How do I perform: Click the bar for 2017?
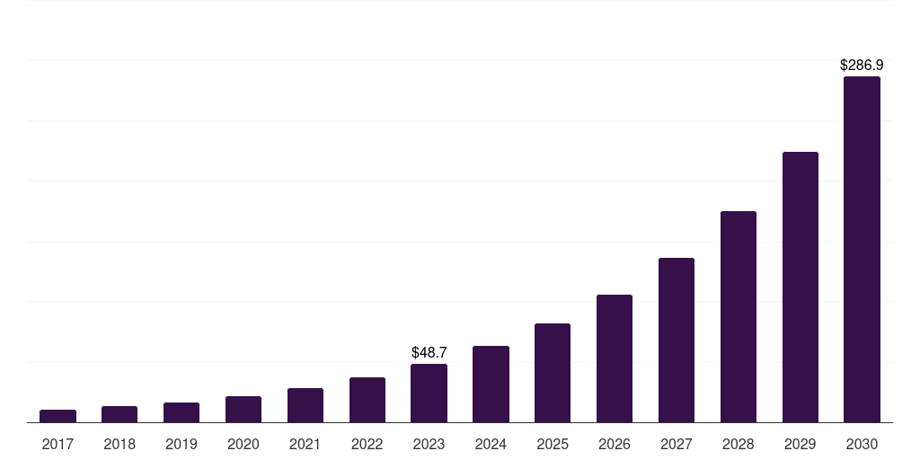click(x=57, y=416)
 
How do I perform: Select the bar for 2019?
click(x=181, y=412)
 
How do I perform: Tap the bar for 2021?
click(x=305, y=405)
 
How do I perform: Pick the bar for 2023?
click(x=429, y=393)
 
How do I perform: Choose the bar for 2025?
click(x=553, y=373)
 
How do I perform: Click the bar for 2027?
click(x=677, y=340)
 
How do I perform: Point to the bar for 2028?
click(x=739, y=316)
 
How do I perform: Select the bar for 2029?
click(x=801, y=287)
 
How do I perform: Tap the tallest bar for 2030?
click(x=862, y=249)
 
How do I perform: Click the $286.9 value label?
click(x=862, y=65)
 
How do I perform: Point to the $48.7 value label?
click(x=429, y=352)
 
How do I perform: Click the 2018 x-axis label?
click(x=119, y=444)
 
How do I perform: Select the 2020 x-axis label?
click(x=243, y=444)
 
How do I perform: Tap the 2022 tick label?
click(x=367, y=444)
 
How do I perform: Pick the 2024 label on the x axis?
click(x=491, y=444)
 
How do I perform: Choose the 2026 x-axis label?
click(x=615, y=444)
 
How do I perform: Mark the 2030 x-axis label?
click(x=862, y=444)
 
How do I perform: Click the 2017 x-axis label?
click(x=57, y=444)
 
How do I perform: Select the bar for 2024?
click(x=491, y=384)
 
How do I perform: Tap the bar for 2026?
click(x=615, y=358)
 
